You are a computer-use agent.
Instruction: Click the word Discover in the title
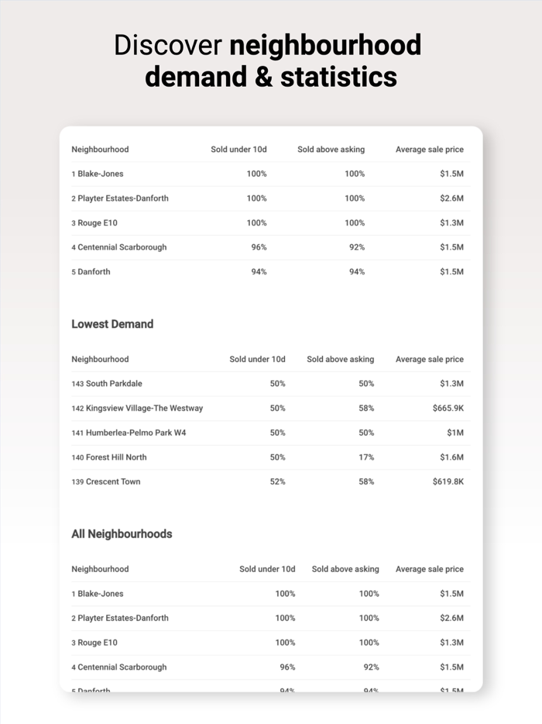[x=168, y=45]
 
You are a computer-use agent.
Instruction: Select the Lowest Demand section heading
[x=112, y=324]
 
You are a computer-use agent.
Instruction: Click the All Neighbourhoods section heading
[x=122, y=534]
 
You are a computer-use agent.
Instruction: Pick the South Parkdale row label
[x=114, y=384]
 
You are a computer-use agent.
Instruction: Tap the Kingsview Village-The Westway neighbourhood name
[x=144, y=408]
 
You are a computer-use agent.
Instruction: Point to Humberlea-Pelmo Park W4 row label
[x=135, y=433]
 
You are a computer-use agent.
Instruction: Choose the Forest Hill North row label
[x=116, y=457]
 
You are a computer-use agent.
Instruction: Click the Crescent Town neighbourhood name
[x=113, y=481]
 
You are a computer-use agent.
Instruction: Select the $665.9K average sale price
[x=448, y=408]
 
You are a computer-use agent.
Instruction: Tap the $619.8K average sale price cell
[x=448, y=481]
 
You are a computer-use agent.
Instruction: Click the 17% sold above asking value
[x=365, y=457]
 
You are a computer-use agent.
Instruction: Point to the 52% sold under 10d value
[x=277, y=481]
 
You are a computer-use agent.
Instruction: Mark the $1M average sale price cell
[x=455, y=433]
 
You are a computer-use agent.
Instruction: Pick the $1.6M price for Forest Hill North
[x=451, y=457]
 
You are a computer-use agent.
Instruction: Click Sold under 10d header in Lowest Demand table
[x=257, y=359]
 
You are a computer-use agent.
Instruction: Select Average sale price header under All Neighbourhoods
[x=429, y=569]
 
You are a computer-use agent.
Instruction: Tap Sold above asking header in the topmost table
[x=331, y=149]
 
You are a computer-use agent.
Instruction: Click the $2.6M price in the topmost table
[x=451, y=198]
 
